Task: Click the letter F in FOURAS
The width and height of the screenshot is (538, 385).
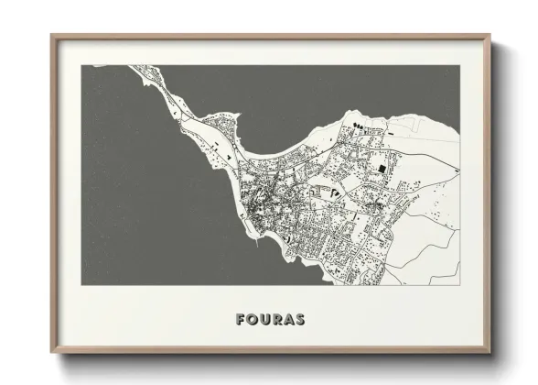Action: click(x=240, y=321)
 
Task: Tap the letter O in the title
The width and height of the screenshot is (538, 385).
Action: click(x=253, y=321)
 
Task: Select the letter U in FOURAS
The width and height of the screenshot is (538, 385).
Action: click(x=265, y=321)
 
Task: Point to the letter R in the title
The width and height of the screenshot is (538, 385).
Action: click(x=277, y=321)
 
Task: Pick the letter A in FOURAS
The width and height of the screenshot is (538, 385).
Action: click(x=290, y=321)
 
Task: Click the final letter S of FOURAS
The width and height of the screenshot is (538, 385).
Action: click(x=301, y=321)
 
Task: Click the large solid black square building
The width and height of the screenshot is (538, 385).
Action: click(x=382, y=169)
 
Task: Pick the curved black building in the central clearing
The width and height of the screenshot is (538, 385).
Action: click(x=335, y=192)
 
